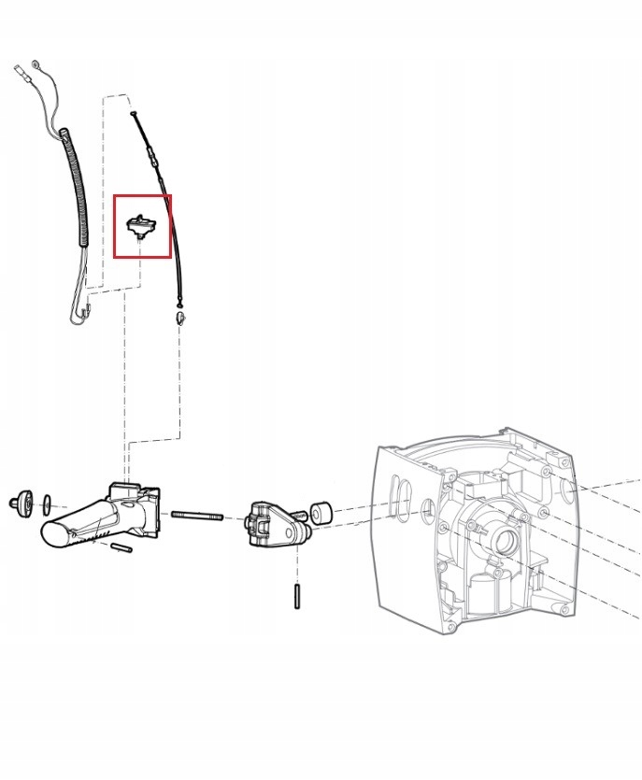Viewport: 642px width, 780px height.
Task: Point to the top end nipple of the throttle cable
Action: point(135,113)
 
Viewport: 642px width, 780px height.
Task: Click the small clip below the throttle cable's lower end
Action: point(179,318)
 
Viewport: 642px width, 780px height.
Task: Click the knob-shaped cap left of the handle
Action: point(20,501)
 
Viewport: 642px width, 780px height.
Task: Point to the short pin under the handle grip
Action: point(120,548)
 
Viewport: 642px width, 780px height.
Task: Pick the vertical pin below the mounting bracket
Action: point(297,596)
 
